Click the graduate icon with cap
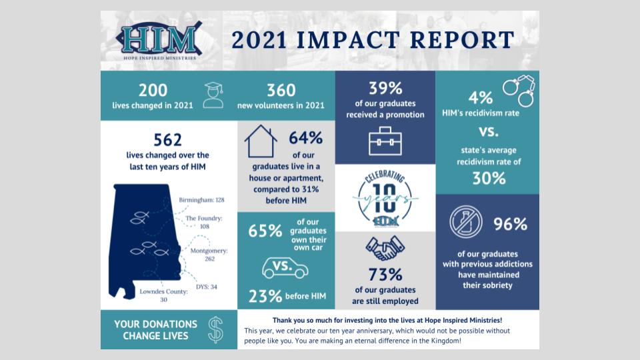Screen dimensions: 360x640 click(213, 95)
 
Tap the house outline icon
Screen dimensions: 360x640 click(261, 141)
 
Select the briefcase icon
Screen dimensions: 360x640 click(385, 140)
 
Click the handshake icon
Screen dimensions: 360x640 click(385, 248)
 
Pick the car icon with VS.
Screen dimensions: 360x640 click(285, 267)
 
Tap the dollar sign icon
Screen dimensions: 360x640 click(215, 329)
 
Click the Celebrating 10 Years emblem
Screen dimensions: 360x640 click(385, 198)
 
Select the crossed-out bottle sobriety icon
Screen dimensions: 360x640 click(466, 222)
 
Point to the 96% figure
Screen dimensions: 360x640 click(510, 224)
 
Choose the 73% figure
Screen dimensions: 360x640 click(385, 274)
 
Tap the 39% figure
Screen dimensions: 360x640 click(385, 87)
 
